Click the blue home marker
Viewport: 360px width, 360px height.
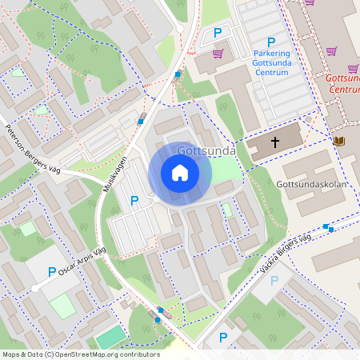click(180, 173)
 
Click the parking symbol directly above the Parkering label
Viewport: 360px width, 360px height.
click(271, 42)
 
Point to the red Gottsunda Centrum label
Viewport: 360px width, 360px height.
click(342, 83)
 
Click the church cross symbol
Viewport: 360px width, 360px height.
click(275, 142)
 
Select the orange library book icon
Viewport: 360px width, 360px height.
click(339, 142)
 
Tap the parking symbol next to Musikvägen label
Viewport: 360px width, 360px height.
click(134, 201)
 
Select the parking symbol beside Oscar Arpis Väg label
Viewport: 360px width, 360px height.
click(53, 272)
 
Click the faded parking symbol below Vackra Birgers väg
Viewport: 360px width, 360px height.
click(275, 280)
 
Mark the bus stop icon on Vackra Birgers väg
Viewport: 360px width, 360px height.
click(328, 229)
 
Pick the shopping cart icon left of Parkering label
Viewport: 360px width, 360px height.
click(218, 54)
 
